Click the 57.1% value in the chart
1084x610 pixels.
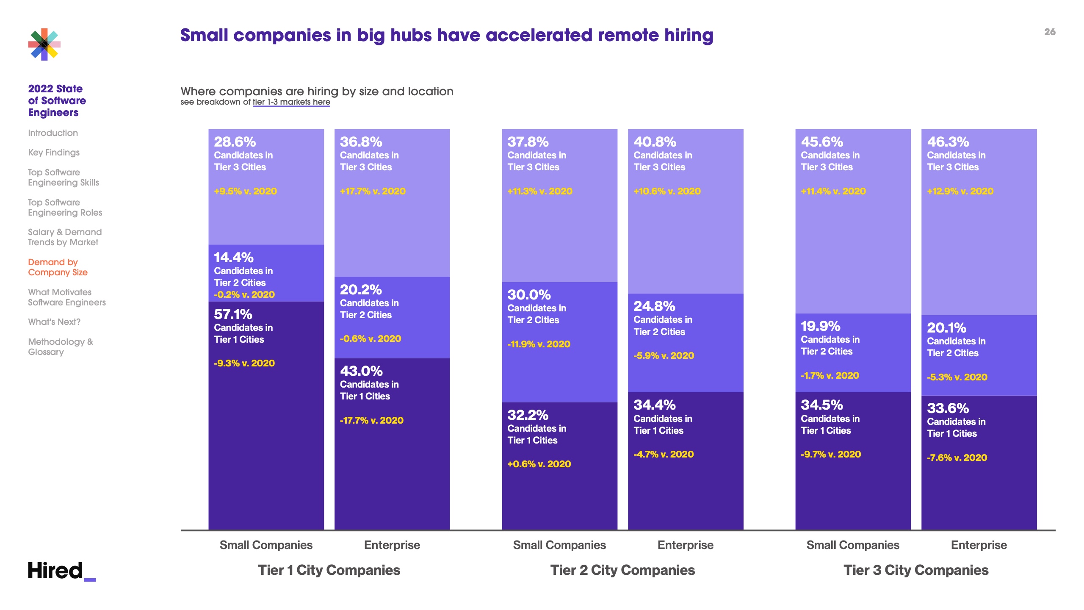233,314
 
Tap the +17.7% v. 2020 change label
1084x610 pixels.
373,191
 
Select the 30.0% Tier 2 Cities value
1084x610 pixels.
529,295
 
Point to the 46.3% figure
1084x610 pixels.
948,142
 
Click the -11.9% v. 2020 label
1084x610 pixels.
539,344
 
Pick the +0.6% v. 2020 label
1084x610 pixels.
539,464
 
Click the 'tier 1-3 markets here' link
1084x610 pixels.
291,102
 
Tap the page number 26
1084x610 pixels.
1050,32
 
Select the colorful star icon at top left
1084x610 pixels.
44,44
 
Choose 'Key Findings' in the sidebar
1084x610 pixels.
54,152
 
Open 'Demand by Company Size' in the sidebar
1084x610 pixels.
58,267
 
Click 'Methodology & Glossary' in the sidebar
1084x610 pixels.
61,347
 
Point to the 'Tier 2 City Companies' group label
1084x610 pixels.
622,570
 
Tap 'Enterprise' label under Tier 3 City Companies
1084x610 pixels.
979,545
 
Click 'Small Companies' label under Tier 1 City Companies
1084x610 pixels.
266,545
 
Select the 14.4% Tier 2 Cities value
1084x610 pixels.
233,258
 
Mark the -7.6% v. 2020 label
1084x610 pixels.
957,457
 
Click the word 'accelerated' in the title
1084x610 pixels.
539,35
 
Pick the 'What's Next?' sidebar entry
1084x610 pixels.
54,322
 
